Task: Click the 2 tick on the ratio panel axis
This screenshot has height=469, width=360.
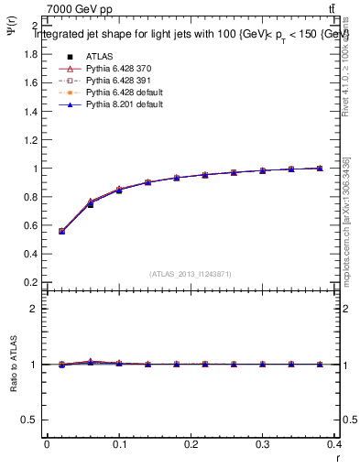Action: pyautogui.click(x=33, y=309)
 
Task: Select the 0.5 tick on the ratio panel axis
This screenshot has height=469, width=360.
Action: pyautogui.click(x=29, y=420)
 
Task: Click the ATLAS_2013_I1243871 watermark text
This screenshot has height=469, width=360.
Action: pyautogui.click(x=191, y=274)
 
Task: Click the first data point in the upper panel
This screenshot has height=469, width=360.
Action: pyautogui.click(x=61, y=232)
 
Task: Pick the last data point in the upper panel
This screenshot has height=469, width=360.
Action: pyautogui.click(x=320, y=169)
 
